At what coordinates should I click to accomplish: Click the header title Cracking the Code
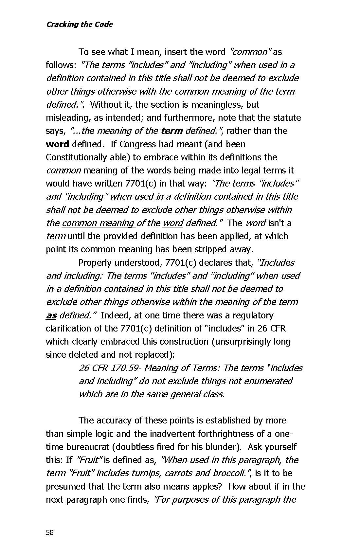[x=79, y=25]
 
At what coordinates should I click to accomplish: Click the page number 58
[x=50, y=532]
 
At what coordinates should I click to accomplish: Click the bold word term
[x=172, y=131]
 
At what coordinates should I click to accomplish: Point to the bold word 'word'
[x=57, y=144]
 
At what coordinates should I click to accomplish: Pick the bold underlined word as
[x=51, y=315]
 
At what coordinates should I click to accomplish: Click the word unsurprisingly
[x=245, y=342]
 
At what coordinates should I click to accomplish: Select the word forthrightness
[x=206, y=434]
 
